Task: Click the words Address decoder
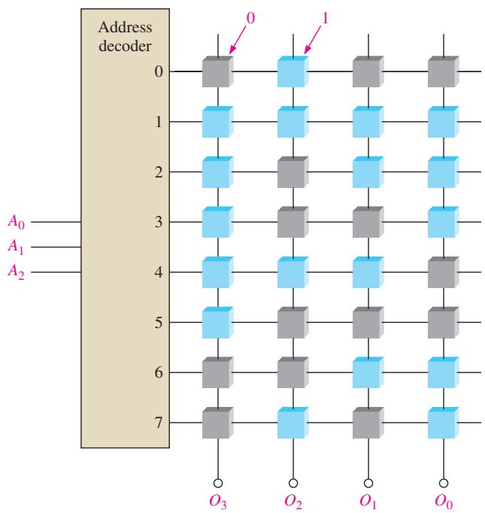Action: pos(125,36)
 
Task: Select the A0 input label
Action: pos(17,222)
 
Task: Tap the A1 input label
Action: pos(16,247)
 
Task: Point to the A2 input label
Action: pos(17,272)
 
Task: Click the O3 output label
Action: pos(218,502)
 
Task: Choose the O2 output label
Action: pos(293,502)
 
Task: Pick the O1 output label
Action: pos(368,502)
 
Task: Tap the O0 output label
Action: pos(444,502)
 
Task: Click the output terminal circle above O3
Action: pos(218,483)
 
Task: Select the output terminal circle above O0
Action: pos(444,483)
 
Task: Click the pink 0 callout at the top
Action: pos(250,18)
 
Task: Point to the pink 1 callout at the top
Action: pos(325,18)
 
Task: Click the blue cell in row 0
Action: pos(293,71)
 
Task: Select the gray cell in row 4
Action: pos(443,272)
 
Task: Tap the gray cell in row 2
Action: pos(293,172)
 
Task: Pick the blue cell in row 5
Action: pos(217,323)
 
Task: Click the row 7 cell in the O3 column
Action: pos(217,423)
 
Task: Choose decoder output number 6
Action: pos(159,372)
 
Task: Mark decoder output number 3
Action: pos(159,222)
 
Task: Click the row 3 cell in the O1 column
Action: pos(368,222)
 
